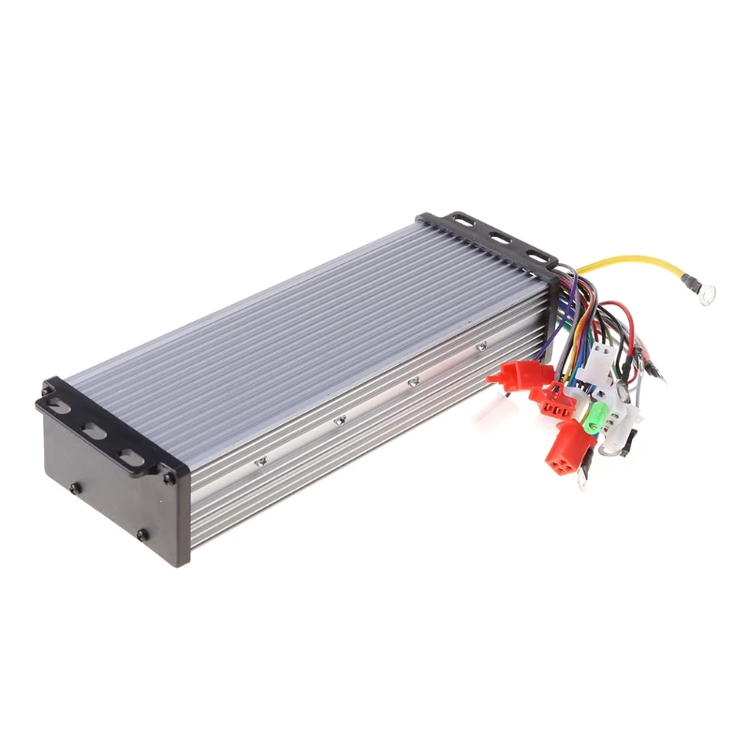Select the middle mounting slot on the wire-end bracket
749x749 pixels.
click(x=499, y=239)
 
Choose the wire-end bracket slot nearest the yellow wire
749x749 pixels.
click(x=537, y=255)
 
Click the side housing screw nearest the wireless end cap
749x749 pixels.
click(x=263, y=460)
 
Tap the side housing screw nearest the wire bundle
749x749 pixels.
click(x=481, y=346)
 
